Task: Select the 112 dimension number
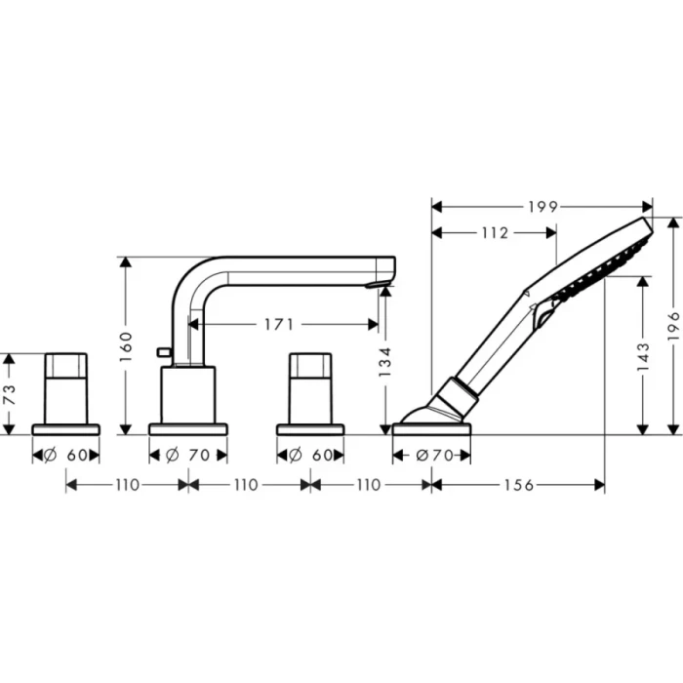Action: click(495, 232)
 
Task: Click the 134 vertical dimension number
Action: click(384, 363)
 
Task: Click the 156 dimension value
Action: click(518, 485)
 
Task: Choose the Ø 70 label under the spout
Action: click(187, 455)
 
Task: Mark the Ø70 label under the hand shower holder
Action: click(431, 455)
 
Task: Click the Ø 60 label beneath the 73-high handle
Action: click(65, 455)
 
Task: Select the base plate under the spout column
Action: click(187, 428)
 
